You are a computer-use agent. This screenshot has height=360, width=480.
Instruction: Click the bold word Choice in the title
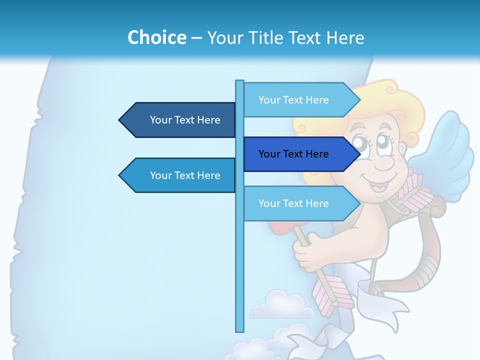(156, 38)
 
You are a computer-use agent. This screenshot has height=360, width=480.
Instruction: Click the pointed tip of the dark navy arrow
(120, 120)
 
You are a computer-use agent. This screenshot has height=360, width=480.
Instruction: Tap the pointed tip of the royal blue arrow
(359, 154)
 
